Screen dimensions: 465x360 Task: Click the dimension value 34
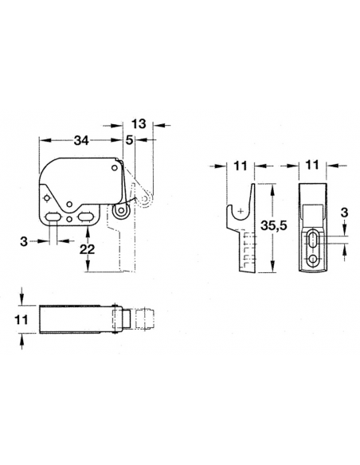[80, 141]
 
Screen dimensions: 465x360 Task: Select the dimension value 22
[89, 251]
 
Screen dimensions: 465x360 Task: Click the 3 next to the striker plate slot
[344, 213]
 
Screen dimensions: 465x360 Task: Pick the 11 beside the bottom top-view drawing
[24, 318]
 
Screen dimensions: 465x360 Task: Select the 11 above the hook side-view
[237, 167]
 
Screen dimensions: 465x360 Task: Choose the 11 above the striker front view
[312, 167]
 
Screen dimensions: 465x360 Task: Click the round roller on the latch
[122, 211]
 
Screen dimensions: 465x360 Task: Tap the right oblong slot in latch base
[84, 216]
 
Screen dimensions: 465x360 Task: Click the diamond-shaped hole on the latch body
[47, 198]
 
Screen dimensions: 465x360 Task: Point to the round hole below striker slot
[315, 260]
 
